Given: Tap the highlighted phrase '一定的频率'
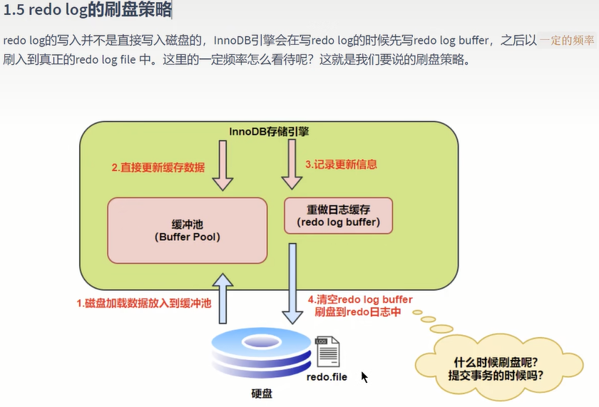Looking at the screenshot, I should coord(567,41).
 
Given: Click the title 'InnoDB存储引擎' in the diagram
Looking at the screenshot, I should coord(269,131).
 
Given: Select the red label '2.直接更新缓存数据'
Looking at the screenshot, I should coord(158,168).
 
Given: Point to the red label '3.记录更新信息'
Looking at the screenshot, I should coord(341,164).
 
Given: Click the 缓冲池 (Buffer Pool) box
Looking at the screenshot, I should coord(187,230).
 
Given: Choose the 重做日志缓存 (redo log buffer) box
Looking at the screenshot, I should coord(338,215).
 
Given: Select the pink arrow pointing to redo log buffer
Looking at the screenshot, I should coord(292,164).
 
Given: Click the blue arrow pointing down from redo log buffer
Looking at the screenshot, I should coord(292,285).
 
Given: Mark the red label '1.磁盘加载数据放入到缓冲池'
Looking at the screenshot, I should coord(144,303).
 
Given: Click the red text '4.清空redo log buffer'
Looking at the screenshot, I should coord(359,299).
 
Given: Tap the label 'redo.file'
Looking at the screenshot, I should coord(327,376).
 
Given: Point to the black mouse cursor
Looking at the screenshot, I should coord(364,377).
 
